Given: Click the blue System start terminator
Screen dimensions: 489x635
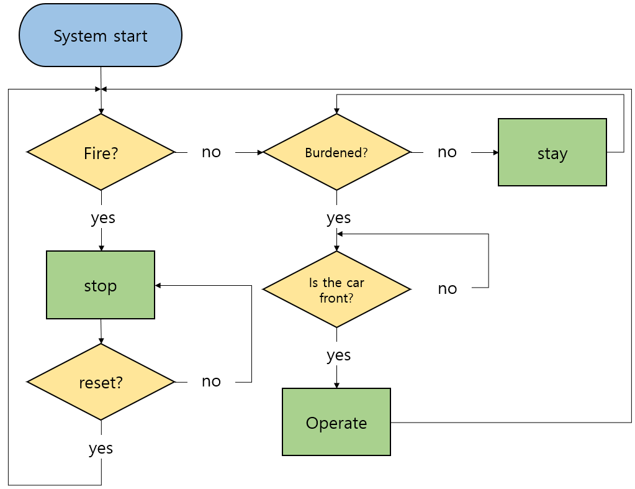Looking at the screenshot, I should (x=101, y=36).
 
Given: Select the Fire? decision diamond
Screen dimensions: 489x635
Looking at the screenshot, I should (x=101, y=152).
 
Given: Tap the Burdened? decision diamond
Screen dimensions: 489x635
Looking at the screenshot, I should (x=336, y=152).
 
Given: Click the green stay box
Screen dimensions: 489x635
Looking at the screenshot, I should (x=552, y=153).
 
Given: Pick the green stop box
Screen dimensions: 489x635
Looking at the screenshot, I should (x=101, y=285).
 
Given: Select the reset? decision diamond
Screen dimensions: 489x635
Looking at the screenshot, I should (x=101, y=382).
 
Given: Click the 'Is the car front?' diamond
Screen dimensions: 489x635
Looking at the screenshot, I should (x=336, y=290).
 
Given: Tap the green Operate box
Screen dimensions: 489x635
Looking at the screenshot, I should (x=336, y=423).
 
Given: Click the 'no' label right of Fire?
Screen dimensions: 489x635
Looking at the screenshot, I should (x=211, y=152).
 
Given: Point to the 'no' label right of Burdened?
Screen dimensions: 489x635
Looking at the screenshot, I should (x=447, y=152).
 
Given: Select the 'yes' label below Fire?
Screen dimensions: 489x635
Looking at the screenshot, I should (x=103, y=218).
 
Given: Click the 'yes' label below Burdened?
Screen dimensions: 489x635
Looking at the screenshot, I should (x=339, y=218).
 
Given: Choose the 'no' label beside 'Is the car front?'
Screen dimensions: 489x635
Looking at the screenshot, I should (x=447, y=288).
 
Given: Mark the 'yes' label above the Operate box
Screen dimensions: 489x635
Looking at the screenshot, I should (x=339, y=355).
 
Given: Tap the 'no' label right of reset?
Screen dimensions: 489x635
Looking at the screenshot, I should (x=211, y=382).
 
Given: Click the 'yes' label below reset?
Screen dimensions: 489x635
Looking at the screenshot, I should (x=101, y=448).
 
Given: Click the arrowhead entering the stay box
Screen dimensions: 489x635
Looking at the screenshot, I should (x=495, y=152).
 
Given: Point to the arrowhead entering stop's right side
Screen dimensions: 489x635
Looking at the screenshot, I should (x=158, y=285).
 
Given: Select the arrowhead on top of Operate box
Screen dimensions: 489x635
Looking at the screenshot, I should (x=336, y=385).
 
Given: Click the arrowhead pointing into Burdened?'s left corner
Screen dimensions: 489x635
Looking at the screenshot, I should (x=259, y=152).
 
